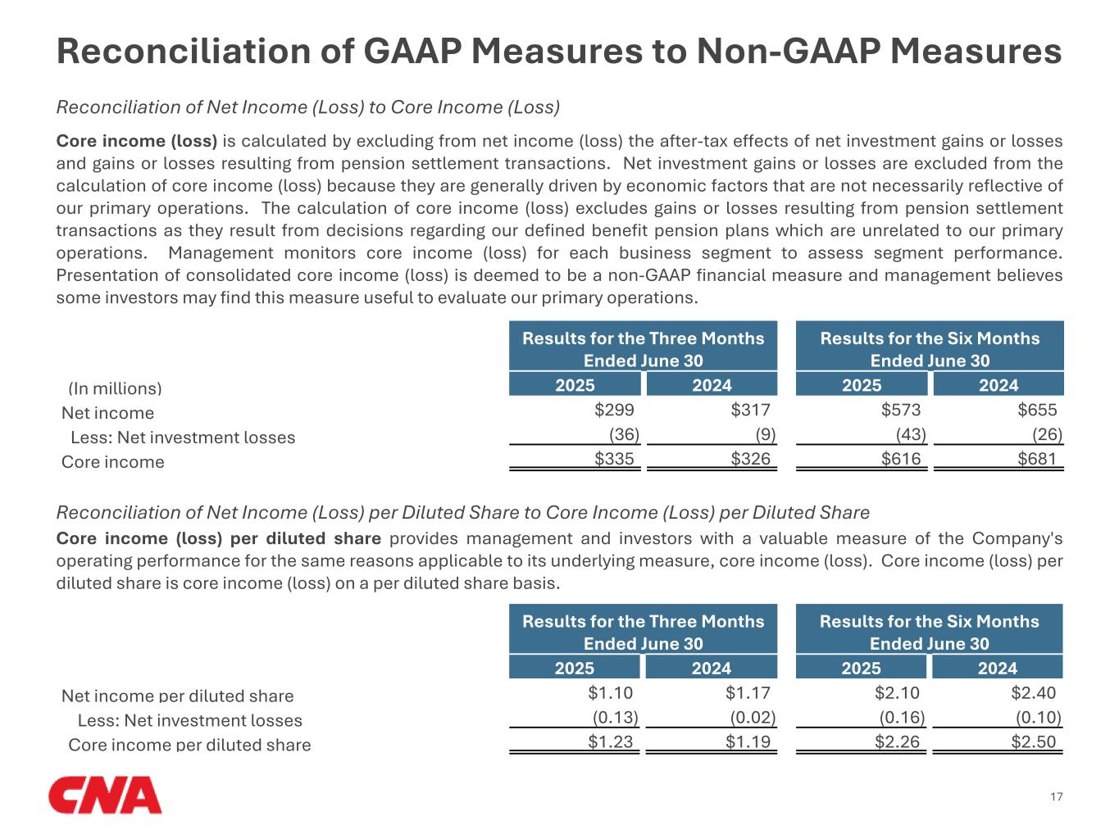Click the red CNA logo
tap(105, 795)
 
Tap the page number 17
tap(1056, 797)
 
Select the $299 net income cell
tap(614, 410)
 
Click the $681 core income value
tap(1037, 459)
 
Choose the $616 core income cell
tap(901, 459)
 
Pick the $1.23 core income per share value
tap(611, 741)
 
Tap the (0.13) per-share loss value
tap(616, 718)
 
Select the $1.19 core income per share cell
tap(748, 741)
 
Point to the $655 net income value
tap(1037, 410)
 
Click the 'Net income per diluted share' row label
tap(177, 696)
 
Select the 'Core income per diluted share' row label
tap(189, 745)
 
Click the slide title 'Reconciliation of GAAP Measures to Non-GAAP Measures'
tap(559, 52)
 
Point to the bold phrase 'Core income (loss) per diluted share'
tap(218, 538)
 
